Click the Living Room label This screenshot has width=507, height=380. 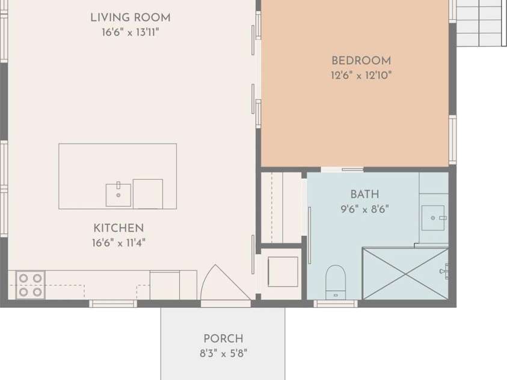tap(130, 18)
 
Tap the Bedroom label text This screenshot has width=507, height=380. tap(361, 61)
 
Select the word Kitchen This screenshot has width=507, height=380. tap(118, 228)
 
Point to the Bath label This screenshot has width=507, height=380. tap(364, 194)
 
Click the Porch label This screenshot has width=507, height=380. tap(223, 339)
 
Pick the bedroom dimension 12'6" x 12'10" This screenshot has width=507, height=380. tap(361, 76)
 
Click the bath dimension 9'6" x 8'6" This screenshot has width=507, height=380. tap(364, 209)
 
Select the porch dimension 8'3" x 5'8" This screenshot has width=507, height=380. tap(223, 354)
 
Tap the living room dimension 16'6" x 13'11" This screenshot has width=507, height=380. tap(130, 32)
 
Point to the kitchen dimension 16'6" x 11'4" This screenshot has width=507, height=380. tap(118, 243)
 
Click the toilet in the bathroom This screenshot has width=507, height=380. tap(336, 281)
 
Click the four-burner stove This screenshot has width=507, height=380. tap(30, 284)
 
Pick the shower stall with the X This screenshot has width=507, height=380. tap(405, 273)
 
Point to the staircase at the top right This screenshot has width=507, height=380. tap(480, 23)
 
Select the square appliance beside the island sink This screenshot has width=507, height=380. tap(147, 194)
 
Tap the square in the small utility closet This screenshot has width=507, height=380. tap(283, 272)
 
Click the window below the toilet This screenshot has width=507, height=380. tap(336, 304)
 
